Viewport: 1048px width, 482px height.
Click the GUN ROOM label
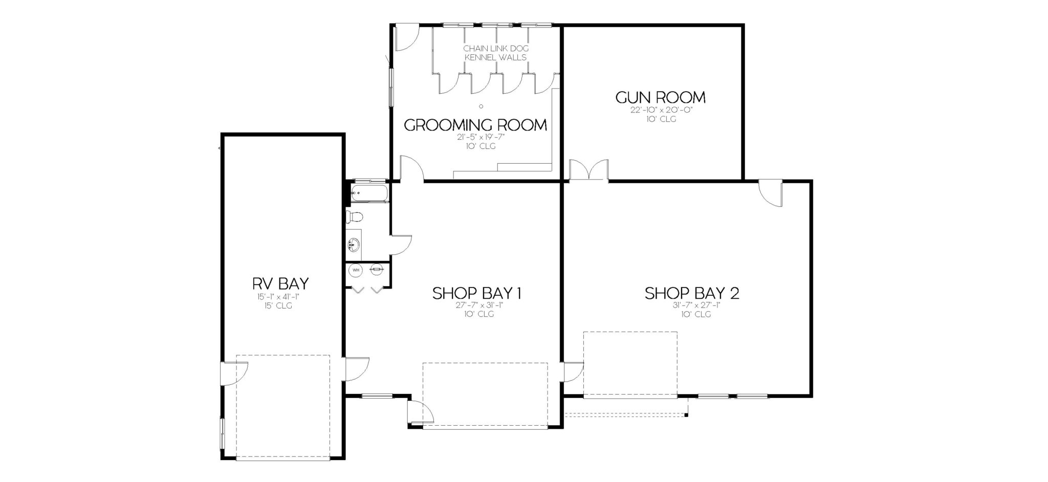660,97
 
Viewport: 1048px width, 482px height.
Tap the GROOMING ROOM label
475,125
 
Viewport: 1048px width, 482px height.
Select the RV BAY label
280,283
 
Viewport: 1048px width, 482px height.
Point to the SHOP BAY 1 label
476,293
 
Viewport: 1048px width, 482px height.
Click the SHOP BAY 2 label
691,293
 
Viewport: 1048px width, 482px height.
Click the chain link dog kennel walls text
495,53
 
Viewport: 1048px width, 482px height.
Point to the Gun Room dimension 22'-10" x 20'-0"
661,110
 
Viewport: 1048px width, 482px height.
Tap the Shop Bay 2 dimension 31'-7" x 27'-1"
691,305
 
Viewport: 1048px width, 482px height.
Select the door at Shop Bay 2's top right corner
771,193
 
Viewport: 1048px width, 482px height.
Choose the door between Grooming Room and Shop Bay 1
411,170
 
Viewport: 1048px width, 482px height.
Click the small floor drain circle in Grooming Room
481,106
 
